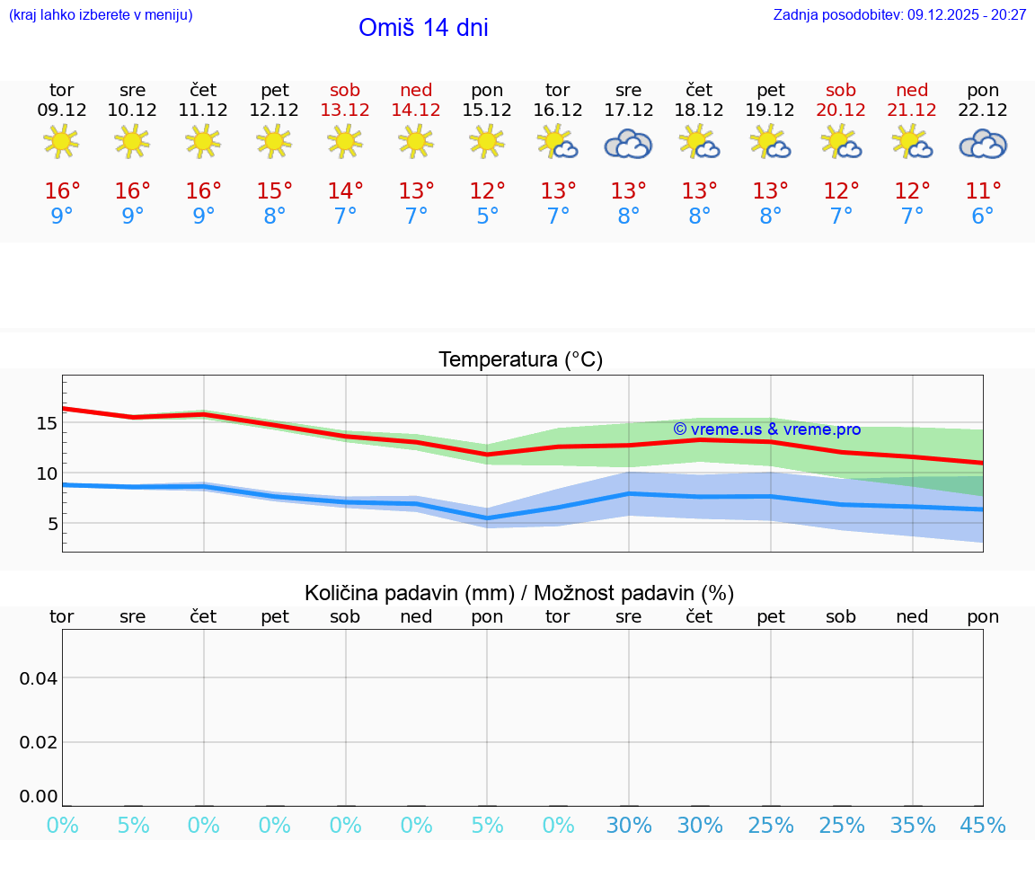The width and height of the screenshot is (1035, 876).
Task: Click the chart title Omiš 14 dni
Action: (423, 28)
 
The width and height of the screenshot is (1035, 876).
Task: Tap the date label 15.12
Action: (487, 111)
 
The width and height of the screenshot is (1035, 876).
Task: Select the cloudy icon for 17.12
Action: (628, 144)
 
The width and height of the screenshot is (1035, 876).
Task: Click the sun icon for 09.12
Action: (61, 142)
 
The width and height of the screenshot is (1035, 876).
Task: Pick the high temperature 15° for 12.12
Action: (274, 191)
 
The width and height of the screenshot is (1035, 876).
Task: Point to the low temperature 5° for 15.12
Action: (487, 217)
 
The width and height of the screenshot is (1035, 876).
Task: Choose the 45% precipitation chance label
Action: (983, 825)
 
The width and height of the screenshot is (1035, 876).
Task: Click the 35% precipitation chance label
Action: (913, 825)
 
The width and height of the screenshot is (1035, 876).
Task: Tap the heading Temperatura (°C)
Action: (520, 359)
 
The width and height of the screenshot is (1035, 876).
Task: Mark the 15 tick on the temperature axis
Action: (48, 423)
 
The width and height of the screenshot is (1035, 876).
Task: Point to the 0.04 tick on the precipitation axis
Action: (39, 678)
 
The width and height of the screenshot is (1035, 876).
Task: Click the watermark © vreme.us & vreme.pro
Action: (766, 429)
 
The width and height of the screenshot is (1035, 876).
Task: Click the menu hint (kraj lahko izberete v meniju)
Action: (101, 14)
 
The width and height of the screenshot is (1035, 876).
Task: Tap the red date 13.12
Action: (345, 111)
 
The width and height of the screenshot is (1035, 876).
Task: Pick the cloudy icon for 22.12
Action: (983, 144)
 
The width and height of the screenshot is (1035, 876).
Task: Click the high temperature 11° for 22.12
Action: (983, 191)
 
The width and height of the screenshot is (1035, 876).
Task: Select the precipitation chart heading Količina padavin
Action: (519, 593)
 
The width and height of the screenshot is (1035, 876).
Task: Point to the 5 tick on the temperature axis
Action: (53, 524)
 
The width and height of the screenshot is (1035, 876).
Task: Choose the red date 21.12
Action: (912, 111)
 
